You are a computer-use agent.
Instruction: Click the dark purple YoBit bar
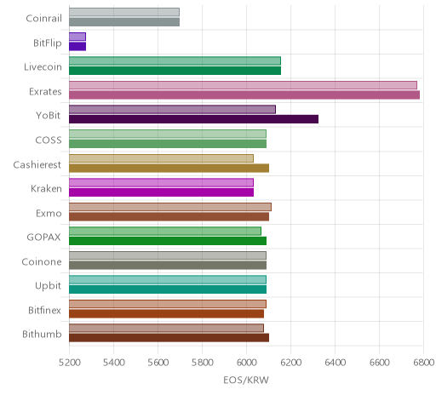point(193,119)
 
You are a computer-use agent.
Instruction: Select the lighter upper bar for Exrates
point(243,85)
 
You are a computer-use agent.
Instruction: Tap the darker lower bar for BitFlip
point(77,47)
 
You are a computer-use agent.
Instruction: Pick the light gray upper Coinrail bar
point(124,12)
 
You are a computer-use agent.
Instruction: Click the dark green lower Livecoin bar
point(175,71)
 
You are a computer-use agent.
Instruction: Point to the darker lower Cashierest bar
point(169,168)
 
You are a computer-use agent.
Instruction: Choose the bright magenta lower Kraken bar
point(161,192)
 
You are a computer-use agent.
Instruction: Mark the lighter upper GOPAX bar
point(165,232)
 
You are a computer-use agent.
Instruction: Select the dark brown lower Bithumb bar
point(169,338)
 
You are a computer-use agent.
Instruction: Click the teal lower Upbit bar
point(168,289)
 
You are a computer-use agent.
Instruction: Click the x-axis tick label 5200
point(69,363)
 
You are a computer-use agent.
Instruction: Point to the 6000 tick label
point(246,363)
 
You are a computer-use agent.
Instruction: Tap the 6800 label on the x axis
point(424,363)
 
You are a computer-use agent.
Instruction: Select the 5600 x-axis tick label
point(158,363)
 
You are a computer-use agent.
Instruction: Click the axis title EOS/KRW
point(246,380)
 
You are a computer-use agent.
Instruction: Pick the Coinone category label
point(42,261)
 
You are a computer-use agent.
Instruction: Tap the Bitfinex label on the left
point(45,310)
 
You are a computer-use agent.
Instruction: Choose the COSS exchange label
point(49,140)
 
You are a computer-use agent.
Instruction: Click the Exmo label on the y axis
point(49,213)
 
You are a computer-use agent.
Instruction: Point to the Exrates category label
point(45,92)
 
